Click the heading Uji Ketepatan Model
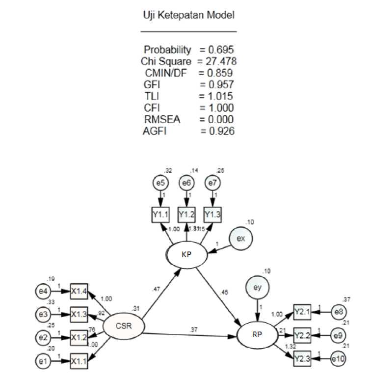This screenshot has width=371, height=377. [188, 16]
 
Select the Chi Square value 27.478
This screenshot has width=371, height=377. [221, 61]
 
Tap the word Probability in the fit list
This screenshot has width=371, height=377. [167, 50]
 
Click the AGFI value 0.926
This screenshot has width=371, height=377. [218, 132]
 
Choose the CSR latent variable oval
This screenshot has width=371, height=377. [123, 326]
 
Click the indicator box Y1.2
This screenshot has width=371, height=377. [186, 214]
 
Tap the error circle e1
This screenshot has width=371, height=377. [42, 360]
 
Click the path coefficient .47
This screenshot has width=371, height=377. [157, 291]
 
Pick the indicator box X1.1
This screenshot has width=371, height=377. [79, 360]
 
